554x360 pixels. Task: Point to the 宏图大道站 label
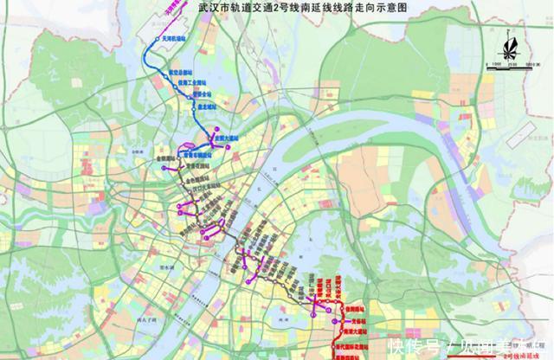[x=221, y=136]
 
